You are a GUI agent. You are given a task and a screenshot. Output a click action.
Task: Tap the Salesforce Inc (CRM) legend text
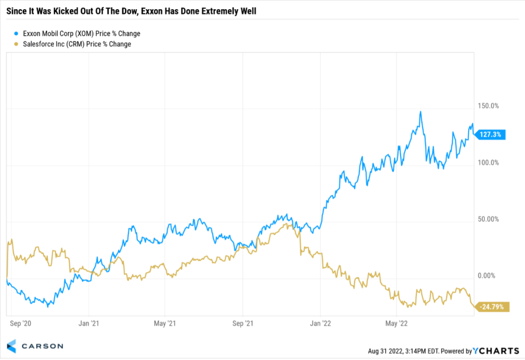pos(77,44)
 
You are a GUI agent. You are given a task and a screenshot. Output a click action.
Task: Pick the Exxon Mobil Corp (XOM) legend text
pos(81,34)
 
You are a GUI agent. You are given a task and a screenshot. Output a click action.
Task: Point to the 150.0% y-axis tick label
pos(488,106)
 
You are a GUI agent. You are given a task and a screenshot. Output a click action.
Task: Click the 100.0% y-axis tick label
pos(488,163)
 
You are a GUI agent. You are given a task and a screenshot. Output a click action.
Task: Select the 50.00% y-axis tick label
pos(488,219)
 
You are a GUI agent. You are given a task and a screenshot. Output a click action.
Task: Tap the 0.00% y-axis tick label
pos(488,276)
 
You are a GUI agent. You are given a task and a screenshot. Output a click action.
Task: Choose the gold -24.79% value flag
pos(490,307)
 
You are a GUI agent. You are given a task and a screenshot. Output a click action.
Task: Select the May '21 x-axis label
pos(164,324)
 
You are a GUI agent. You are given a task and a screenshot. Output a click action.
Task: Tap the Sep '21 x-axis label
pos(243,324)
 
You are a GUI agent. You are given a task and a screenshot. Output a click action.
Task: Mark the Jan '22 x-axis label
pos(320,324)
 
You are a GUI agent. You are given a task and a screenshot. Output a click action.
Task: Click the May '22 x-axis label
pos(396,324)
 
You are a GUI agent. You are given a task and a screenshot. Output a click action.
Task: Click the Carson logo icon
pos(12,346)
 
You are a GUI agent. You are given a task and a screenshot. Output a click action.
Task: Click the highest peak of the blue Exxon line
pos(421,111)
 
